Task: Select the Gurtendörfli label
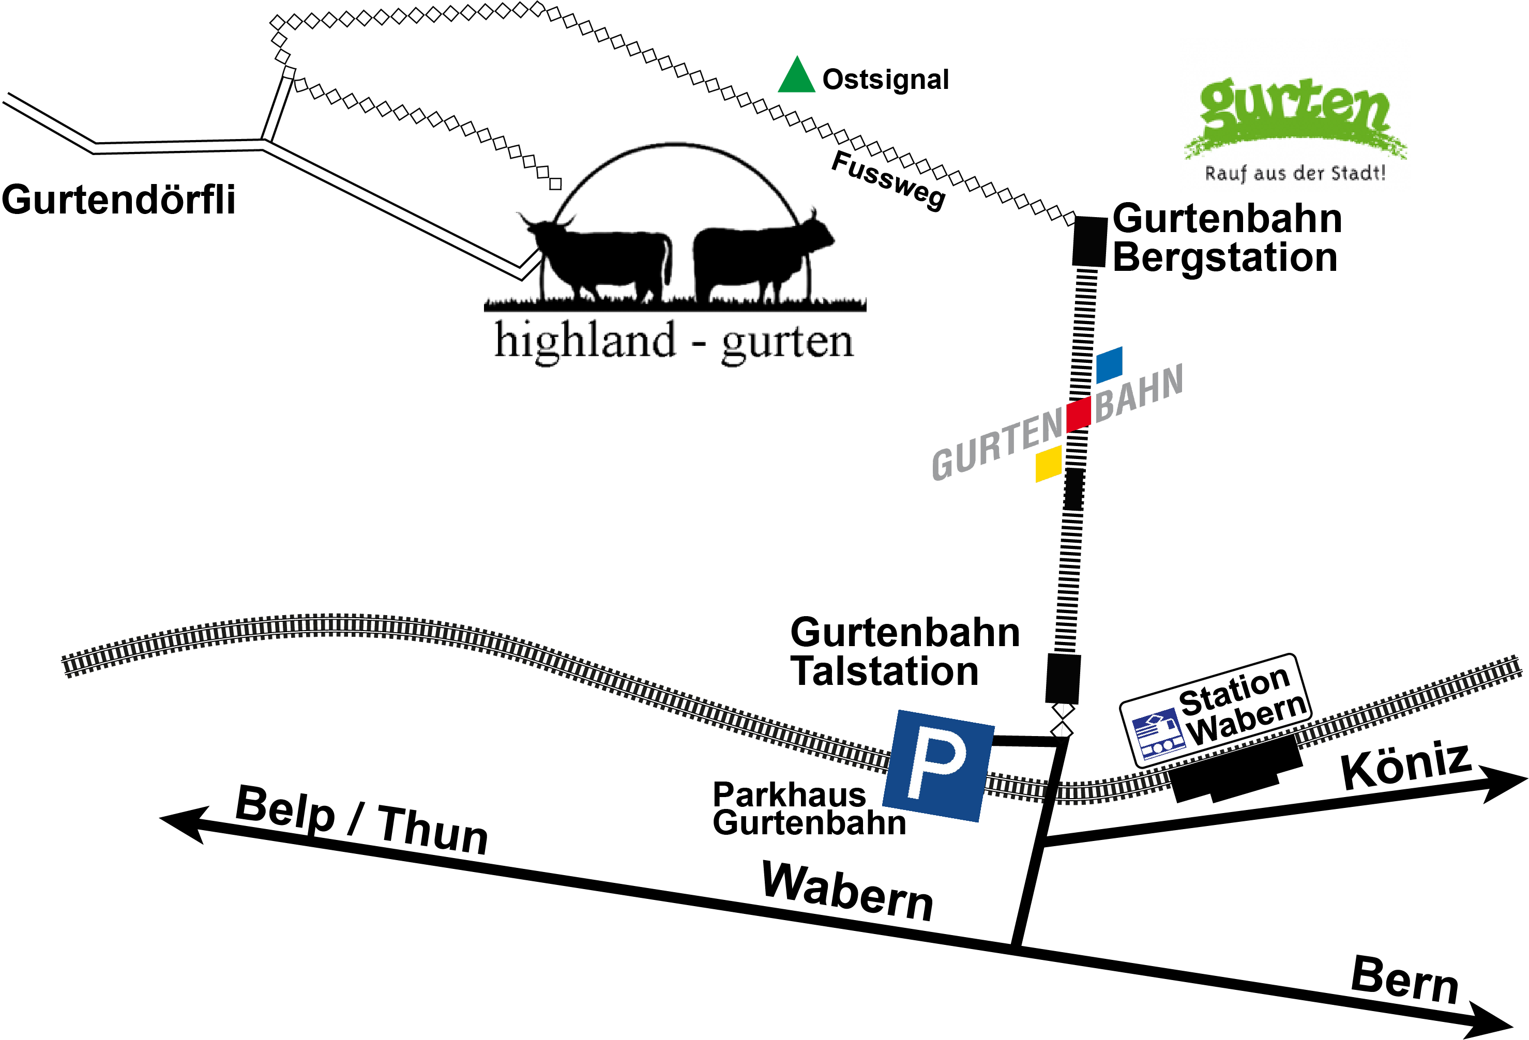[x=118, y=200]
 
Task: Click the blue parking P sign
[x=938, y=765]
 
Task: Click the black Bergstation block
[x=1089, y=241]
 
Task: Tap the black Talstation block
[x=1063, y=678]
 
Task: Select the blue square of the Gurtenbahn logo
[x=1109, y=364]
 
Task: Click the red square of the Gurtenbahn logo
[x=1079, y=414]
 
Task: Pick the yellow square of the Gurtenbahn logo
[x=1049, y=464]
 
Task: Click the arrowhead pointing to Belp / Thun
[x=181, y=822]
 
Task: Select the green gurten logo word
[x=1293, y=109]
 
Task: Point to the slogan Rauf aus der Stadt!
[x=1295, y=173]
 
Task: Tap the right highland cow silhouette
[x=756, y=260]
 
